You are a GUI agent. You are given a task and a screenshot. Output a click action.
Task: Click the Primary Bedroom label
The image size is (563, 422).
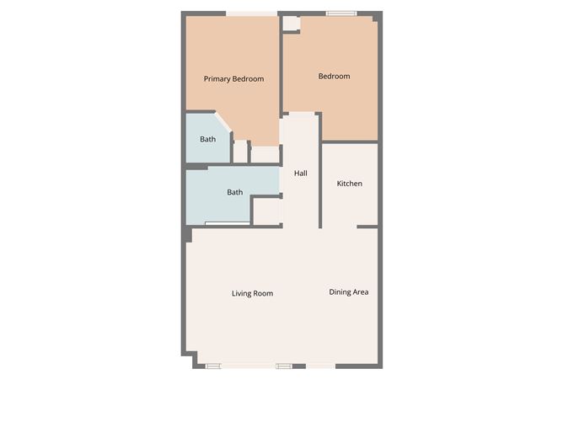pos(233,79)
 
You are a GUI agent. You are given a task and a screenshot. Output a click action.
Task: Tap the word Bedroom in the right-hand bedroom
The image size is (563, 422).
pos(334,77)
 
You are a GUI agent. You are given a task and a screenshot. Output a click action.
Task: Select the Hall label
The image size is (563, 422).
pos(300,174)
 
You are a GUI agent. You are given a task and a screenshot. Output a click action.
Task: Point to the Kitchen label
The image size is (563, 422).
pos(350,184)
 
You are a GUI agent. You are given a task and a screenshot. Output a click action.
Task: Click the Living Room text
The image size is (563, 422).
pos(252,294)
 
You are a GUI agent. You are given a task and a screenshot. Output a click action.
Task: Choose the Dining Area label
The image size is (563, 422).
pos(348,292)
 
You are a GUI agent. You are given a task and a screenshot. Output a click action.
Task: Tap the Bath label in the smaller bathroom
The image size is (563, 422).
pos(207,139)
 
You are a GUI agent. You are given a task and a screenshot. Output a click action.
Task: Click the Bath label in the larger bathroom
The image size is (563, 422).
pos(235,192)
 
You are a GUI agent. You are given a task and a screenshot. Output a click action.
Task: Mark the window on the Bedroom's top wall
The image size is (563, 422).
pos(341,13)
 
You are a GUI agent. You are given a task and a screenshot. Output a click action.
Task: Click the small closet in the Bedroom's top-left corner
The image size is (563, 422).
pos(291,24)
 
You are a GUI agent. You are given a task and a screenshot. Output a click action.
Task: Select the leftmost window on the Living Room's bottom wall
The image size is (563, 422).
pos(213,366)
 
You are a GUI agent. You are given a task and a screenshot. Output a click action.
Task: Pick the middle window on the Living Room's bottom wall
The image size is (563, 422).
pos(284,366)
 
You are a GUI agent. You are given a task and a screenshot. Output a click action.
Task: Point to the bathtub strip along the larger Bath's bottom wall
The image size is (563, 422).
pos(227,222)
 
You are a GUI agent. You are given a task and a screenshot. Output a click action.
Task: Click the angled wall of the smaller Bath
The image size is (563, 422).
pos(224,125)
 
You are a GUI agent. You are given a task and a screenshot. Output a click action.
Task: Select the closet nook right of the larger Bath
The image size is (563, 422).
pos(266,211)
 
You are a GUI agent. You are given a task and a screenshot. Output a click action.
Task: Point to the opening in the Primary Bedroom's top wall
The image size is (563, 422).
pos(252,13)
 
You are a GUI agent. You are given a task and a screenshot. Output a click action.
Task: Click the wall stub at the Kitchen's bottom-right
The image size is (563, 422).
pos(367,226)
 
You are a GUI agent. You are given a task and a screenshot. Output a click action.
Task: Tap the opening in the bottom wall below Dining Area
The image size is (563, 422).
pos(320,366)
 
